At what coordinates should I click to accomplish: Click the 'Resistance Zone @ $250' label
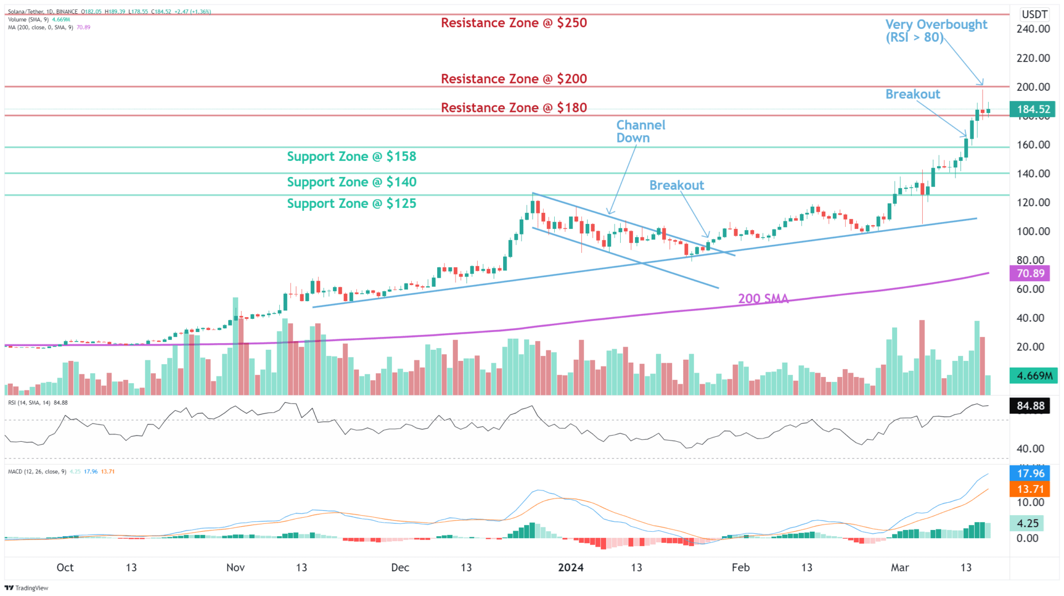coord(514,23)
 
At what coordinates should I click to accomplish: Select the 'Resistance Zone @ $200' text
coord(514,79)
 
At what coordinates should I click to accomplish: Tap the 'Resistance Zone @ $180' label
coord(514,108)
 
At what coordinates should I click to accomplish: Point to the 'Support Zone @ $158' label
coord(351,157)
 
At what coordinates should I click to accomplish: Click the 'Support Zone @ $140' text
coord(351,182)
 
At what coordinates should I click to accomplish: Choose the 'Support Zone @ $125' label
coord(351,204)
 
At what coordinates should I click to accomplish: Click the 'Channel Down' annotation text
coord(641,132)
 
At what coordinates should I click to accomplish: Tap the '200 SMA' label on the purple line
coord(763,299)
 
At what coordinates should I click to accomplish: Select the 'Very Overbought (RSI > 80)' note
coord(936,31)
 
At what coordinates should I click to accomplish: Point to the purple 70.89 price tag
coord(1031,273)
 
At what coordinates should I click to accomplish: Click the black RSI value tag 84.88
coord(1031,406)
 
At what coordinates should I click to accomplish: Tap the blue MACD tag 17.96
coord(1031,473)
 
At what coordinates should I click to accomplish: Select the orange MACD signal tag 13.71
coord(1031,490)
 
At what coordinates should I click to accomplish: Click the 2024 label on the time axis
coord(571,568)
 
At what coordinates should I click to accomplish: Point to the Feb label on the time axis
coord(740,568)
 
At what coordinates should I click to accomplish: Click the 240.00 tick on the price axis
coord(1033,29)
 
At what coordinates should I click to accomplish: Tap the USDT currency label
coord(1035,14)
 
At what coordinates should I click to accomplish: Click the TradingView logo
coord(27,588)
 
